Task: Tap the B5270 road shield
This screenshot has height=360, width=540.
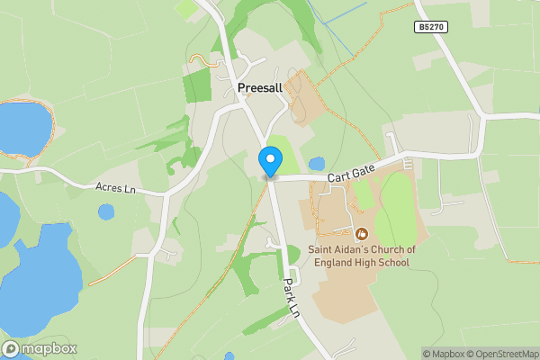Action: coord(430,29)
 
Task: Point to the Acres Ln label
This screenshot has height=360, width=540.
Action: coord(114,187)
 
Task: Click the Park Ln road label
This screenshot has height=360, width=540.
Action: coord(290,297)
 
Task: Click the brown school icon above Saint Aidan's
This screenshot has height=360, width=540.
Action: coord(363,233)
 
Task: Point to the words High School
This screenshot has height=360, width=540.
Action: coord(387,263)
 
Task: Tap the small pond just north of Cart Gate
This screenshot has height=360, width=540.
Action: coord(316,165)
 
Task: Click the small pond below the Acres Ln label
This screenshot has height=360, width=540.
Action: coord(106,212)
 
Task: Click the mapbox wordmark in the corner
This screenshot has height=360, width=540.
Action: coord(49,349)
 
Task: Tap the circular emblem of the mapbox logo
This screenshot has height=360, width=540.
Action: coord(11,349)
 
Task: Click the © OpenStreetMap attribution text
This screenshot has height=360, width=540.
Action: coord(499,354)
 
